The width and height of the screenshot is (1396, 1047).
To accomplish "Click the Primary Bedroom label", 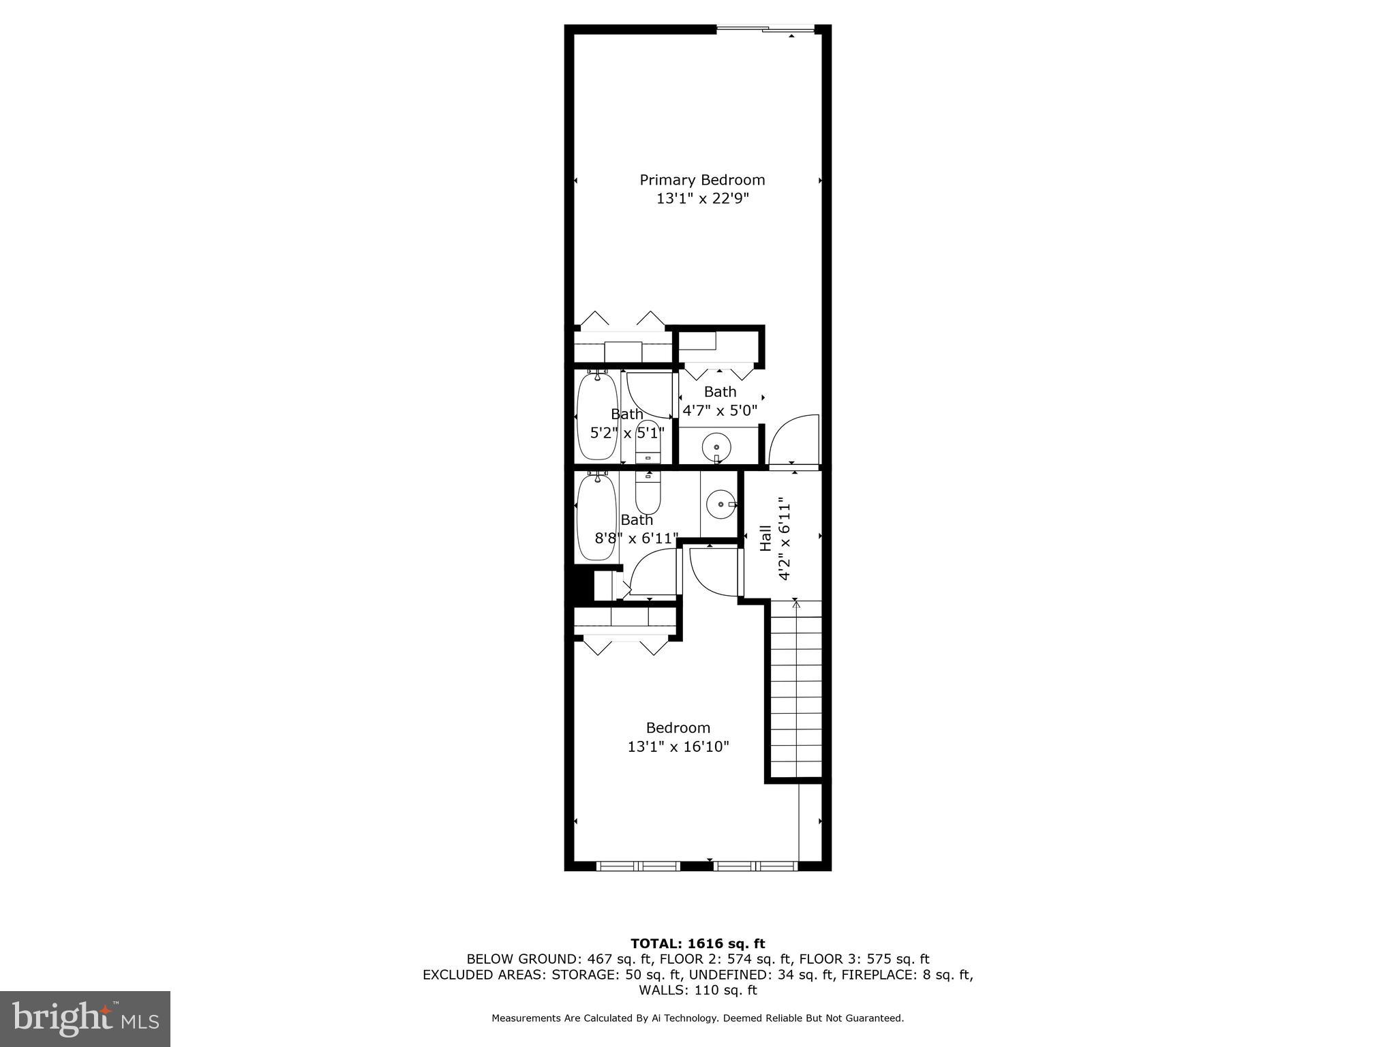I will pos(702,180).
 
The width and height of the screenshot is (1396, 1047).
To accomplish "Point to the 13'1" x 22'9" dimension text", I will pos(702,199).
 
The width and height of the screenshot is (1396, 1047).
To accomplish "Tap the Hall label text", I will pos(765,538).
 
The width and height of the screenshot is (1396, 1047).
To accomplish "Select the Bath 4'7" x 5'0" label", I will pos(720,401).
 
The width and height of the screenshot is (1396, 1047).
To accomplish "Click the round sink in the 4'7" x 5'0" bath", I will pos(716,448).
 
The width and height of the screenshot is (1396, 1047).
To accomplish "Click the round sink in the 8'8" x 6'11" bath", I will pos(720,505).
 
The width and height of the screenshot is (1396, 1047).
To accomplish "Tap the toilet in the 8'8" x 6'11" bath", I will pos(648,494).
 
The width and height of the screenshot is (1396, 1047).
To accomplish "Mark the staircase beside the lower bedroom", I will pos(795,688).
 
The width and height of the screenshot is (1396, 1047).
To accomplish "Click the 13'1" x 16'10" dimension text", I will pos(678,747).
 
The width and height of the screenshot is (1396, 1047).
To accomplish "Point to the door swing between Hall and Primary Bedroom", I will pos(793,440).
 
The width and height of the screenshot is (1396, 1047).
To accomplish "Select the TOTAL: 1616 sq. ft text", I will pos(697,943).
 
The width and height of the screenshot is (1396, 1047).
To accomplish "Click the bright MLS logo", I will pos(85,1018).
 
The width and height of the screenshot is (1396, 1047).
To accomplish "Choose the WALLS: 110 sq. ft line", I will pos(697,990).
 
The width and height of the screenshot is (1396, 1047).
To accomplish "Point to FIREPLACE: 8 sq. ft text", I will pos(907,975).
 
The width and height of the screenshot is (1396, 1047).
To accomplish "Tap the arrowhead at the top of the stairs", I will pos(795,602).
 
